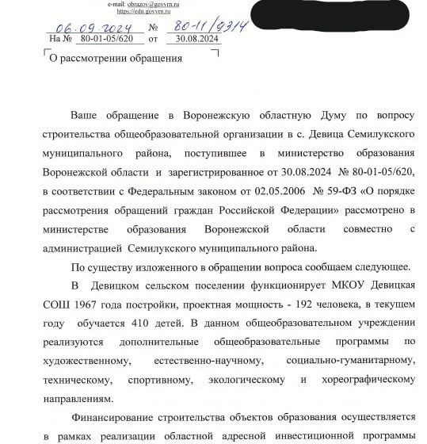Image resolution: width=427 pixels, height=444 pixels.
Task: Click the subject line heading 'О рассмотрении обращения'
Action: tap(116, 58)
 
